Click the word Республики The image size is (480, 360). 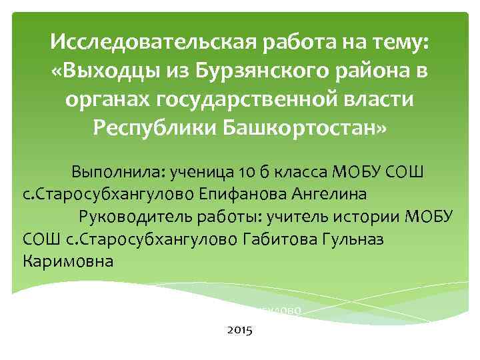coord(155,127)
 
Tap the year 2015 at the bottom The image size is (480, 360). coord(240,329)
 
